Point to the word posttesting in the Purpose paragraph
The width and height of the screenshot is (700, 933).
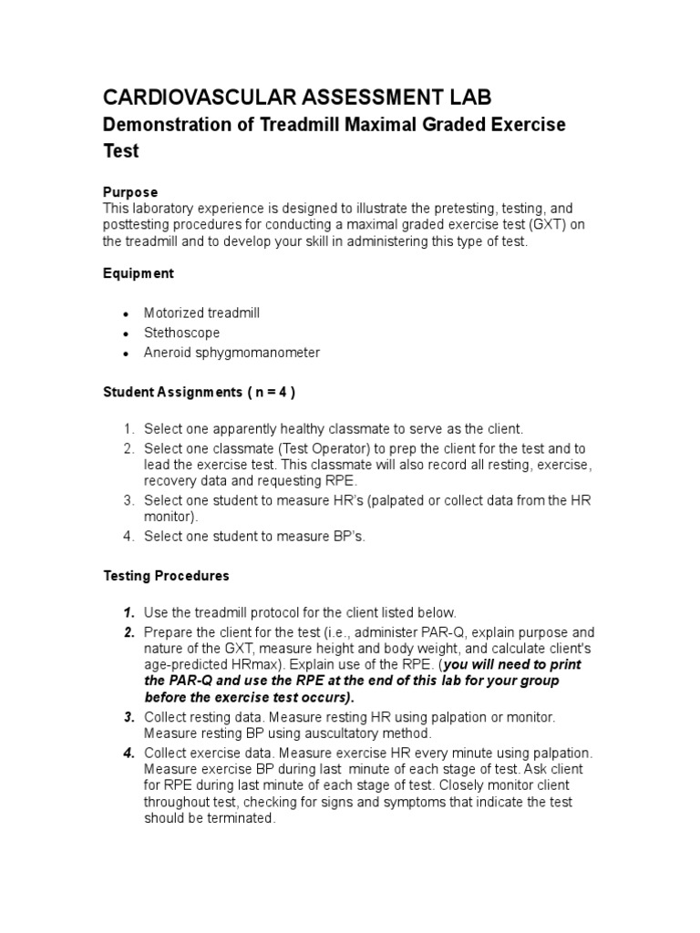(x=139, y=225)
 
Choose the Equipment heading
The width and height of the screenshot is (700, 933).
(x=138, y=273)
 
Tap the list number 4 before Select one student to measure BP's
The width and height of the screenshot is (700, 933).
(x=129, y=537)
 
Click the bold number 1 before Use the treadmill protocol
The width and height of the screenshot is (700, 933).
(x=129, y=612)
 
